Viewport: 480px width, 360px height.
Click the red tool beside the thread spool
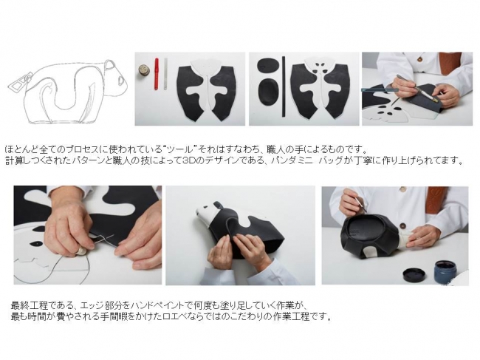coord(156,74)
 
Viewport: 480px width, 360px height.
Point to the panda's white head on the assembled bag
coord(209,214)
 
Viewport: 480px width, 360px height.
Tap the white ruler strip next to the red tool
coord(165,74)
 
